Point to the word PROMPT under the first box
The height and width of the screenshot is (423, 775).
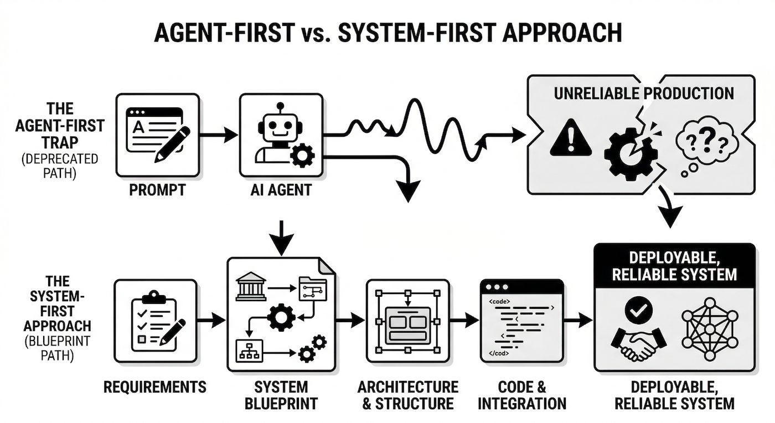(x=157, y=191)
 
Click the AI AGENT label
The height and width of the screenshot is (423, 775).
(x=281, y=191)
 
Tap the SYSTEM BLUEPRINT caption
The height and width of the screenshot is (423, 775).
(x=281, y=394)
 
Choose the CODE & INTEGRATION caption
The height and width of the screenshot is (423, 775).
(x=521, y=394)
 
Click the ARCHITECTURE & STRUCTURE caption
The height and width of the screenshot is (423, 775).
(x=408, y=394)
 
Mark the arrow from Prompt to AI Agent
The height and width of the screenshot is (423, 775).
(x=218, y=135)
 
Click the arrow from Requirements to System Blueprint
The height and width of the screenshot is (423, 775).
(x=212, y=319)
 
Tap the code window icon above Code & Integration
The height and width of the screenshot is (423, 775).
(x=521, y=319)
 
